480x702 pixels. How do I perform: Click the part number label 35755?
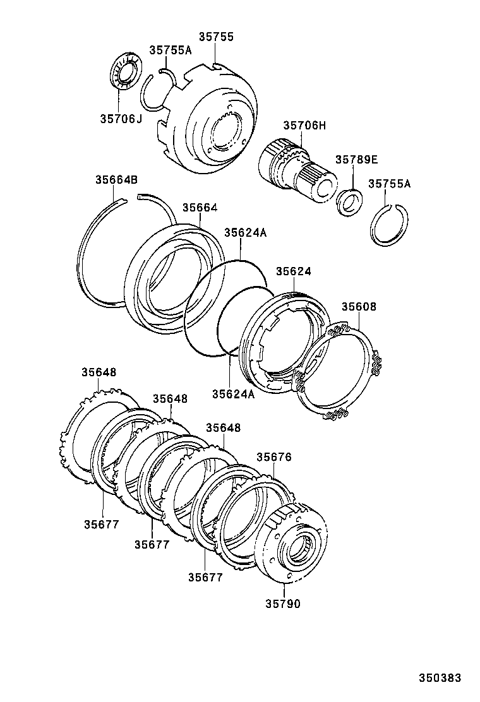click(x=216, y=37)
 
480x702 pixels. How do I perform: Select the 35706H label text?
click(x=304, y=126)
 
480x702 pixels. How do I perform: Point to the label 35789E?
click(x=356, y=160)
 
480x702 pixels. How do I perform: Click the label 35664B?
click(x=116, y=179)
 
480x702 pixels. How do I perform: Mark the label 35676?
click(x=273, y=456)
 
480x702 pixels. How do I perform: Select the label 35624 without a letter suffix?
click(x=293, y=271)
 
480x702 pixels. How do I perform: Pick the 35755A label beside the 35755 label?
click(x=170, y=51)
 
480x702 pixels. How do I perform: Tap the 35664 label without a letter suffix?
click(x=200, y=207)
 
